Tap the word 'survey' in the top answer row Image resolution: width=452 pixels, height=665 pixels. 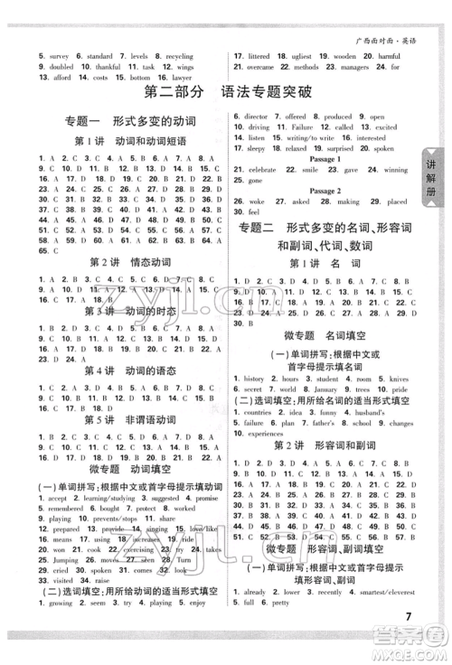pyautogui.click(x=33, y=56)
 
